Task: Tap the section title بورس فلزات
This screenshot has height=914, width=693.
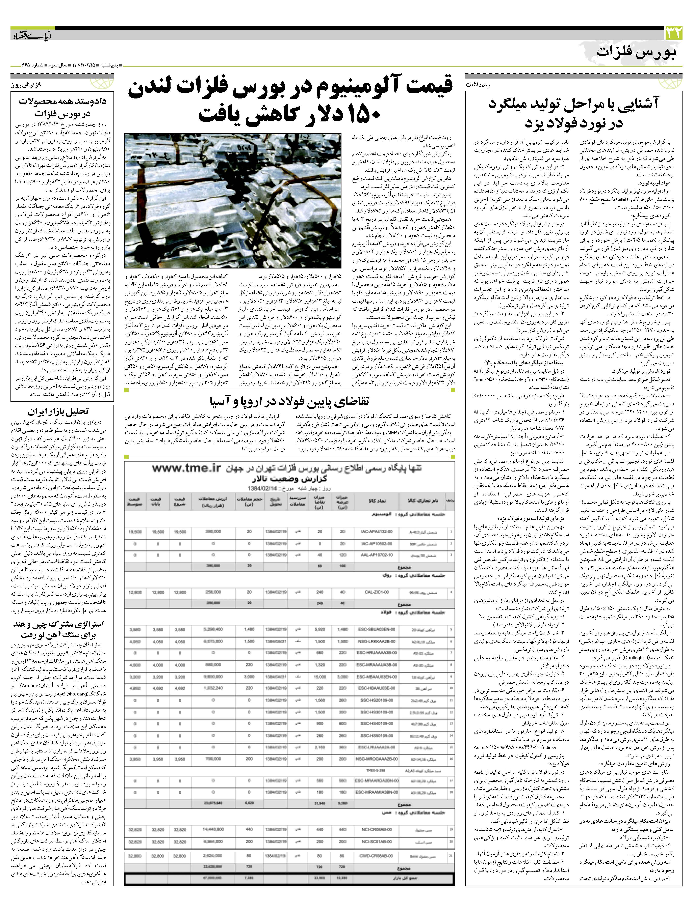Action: point(637,53)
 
